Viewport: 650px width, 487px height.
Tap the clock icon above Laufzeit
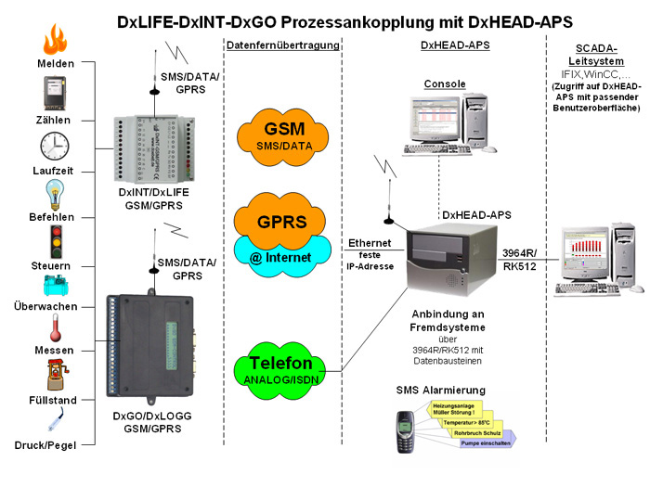(55, 147)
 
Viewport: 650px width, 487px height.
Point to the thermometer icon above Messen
(55, 331)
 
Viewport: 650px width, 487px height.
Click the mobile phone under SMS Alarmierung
(406, 432)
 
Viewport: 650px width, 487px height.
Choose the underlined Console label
(445, 84)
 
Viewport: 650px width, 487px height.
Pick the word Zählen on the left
(55, 121)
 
